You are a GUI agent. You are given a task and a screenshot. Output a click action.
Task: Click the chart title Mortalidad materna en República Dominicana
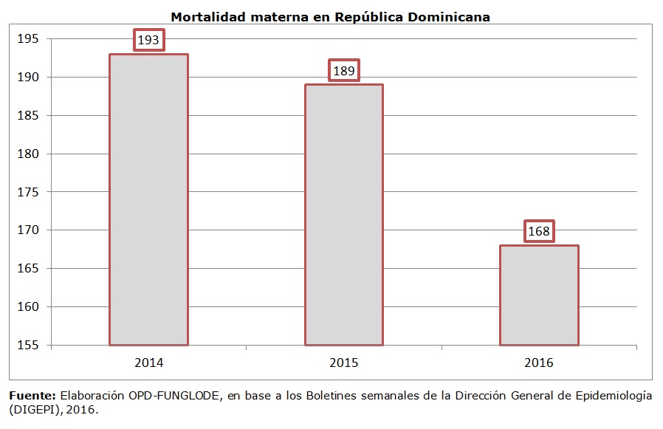point(330,16)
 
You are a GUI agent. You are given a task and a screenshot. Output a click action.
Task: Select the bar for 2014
point(148,199)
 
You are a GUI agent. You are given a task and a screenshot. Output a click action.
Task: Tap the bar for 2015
point(344,214)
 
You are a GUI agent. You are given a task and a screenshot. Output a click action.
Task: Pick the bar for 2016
point(539,295)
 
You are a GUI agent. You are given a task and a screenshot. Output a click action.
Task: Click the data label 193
point(148,40)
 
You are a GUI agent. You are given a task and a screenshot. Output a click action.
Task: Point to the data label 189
point(344,71)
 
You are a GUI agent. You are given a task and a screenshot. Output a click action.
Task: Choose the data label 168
point(539,232)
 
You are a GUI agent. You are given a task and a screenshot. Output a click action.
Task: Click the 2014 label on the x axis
point(148,363)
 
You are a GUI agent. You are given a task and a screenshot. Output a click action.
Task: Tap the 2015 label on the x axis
point(344,363)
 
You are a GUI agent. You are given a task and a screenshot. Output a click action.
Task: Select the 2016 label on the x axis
point(539,363)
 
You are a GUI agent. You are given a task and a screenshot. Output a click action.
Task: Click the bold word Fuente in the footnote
point(32,395)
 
